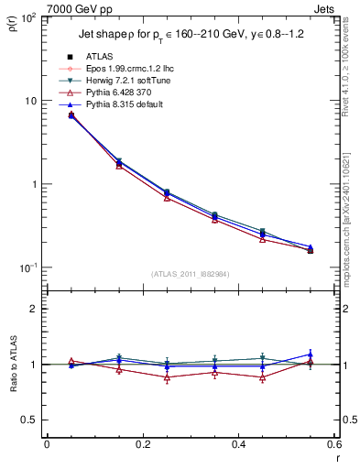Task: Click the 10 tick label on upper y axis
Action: (31, 101)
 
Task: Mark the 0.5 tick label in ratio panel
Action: (29, 420)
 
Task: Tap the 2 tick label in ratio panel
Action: (34, 309)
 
